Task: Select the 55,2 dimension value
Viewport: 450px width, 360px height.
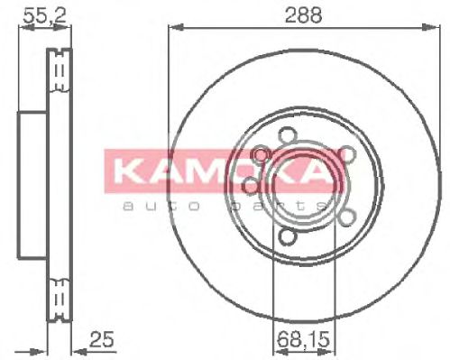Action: pos(35,14)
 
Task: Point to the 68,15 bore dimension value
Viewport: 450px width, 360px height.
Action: pos(296,340)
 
